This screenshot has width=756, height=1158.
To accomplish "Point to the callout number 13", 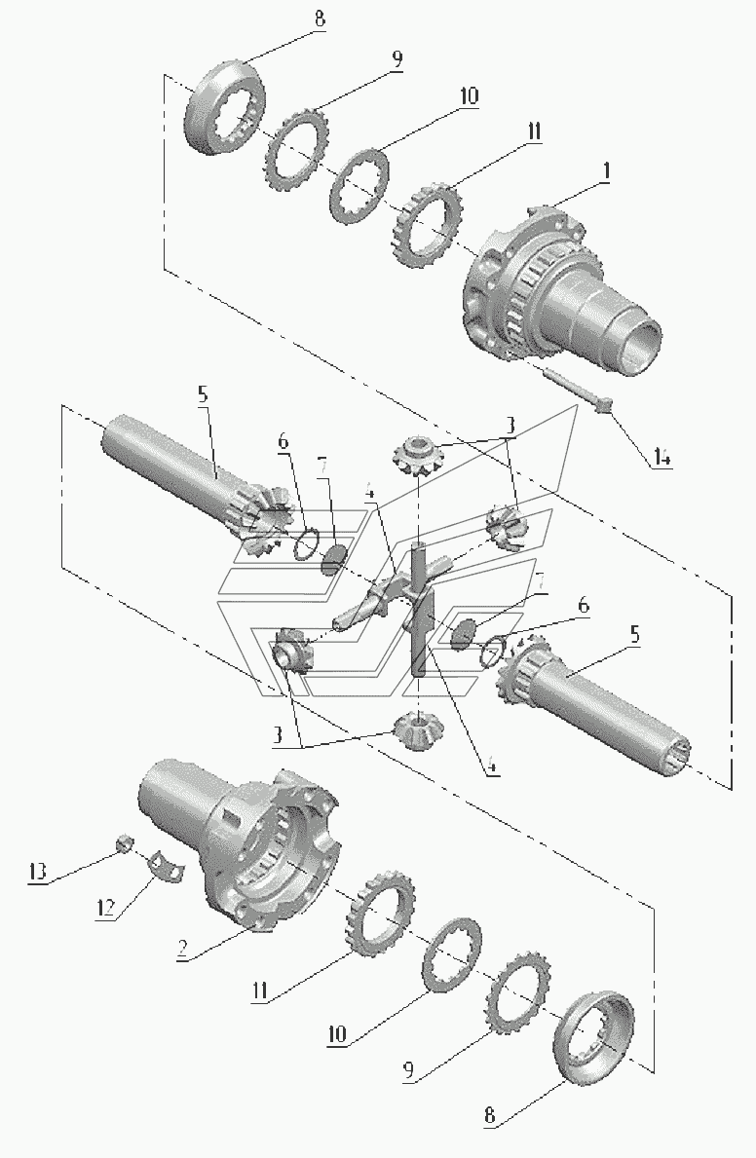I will (38, 872).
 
